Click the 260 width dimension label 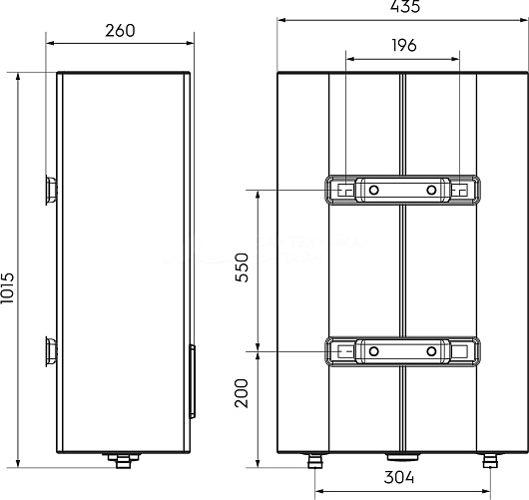[x=120, y=30]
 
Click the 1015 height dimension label [x=7, y=287]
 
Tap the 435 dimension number [x=405, y=6]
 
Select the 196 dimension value [x=404, y=45]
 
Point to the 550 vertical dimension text [x=242, y=267]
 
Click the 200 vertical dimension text [x=242, y=393]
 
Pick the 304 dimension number [x=399, y=477]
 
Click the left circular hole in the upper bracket [x=373, y=190]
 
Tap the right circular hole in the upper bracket [x=431, y=190]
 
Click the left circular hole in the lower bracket [x=373, y=351]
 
